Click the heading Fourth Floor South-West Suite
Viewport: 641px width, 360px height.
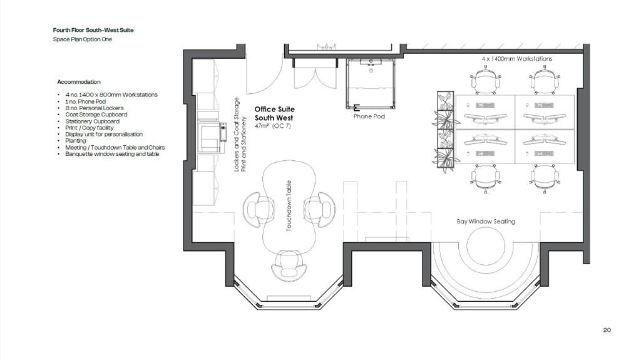click(x=93, y=30)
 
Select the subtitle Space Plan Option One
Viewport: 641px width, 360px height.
click(x=82, y=39)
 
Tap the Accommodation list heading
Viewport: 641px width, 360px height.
click(x=79, y=82)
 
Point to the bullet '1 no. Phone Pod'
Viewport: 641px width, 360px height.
click(x=85, y=101)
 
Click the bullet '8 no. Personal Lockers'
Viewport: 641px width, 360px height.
click(x=95, y=108)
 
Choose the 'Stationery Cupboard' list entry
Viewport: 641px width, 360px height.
click(x=93, y=121)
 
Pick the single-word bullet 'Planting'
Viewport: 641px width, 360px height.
click(x=76, y=141)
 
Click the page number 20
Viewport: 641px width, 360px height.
click(x=607, y=330)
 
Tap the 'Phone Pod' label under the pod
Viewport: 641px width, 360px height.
click(x=369, y=116)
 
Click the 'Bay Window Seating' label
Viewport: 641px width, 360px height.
click(x=486, y=221)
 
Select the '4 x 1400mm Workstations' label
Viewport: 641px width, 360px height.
click(x=516, y=59)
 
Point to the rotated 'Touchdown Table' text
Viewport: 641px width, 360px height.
click(x=289, y=206)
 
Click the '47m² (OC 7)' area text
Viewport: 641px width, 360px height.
click(x=273, y=126)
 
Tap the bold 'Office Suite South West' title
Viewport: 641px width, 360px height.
click(x=274, y=114)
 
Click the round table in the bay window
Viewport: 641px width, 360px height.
click(x=486, y=247)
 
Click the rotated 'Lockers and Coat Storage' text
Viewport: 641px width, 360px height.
click(x=236, y=134)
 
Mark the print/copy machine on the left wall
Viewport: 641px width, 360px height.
click(x=212, y=136)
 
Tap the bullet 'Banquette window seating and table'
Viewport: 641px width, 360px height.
click(x=112, y=154)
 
